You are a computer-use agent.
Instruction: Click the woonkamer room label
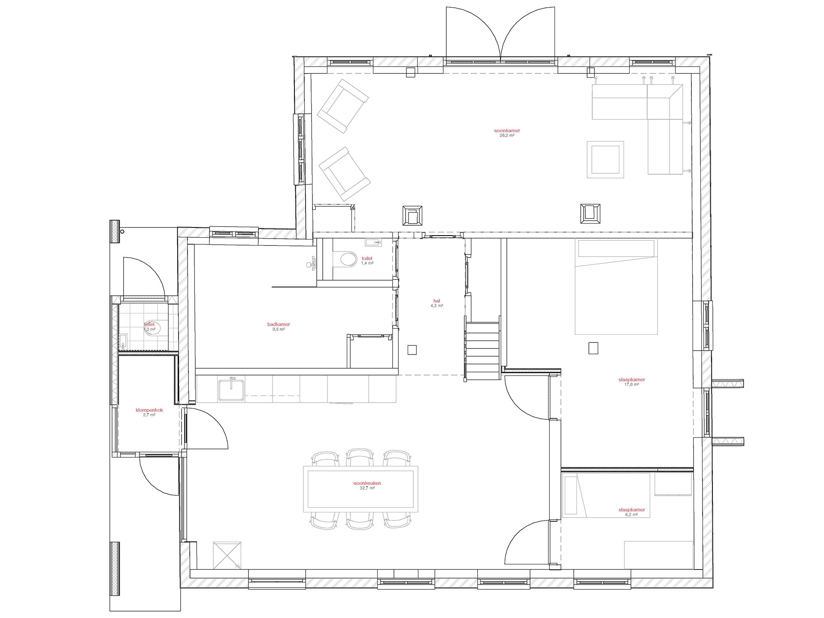[507, 130]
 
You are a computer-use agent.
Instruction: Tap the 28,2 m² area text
[507, 136]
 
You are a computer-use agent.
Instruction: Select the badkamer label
[279, 324]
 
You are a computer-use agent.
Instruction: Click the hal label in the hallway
[436, 301]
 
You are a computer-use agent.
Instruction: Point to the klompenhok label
[149, 410]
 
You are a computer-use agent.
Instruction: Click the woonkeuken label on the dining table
[367, 483]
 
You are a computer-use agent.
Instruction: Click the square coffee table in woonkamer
[605, 159]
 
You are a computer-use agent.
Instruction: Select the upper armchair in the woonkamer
[343, 106]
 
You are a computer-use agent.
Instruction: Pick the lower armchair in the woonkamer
[344, 174]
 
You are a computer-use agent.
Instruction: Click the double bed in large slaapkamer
[616, 287]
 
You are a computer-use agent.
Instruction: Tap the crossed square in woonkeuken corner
[227, 555]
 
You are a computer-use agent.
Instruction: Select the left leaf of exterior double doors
[472, 34]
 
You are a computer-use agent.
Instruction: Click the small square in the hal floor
[412, 350]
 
